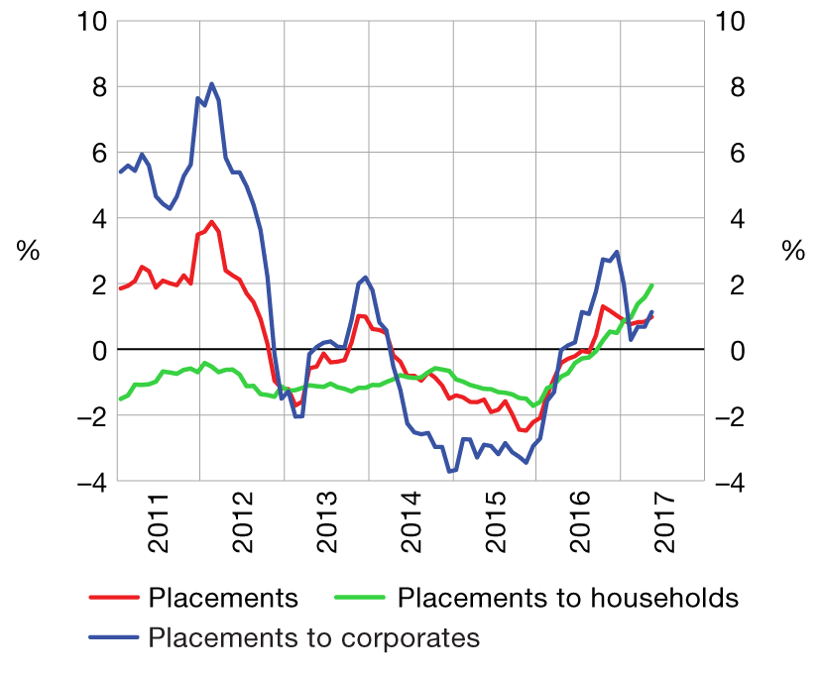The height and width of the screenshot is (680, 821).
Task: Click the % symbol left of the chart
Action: point(29,252)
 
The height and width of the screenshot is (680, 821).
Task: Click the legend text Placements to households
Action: point(567,598)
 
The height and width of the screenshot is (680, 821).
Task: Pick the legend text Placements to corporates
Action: point(314,636)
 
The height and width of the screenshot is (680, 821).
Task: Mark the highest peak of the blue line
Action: point(212,84)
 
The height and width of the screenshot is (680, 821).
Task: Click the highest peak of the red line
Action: point(212,222)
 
